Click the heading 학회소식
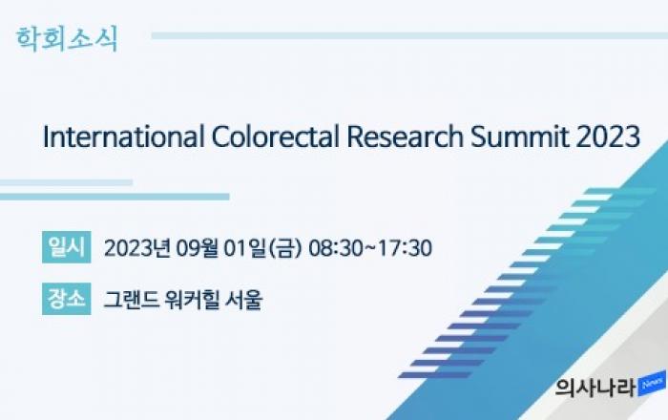(67, 39)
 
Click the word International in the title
(123, 136)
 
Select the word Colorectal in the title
(276, 136)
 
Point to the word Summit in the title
(520, 136)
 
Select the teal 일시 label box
(67, 247)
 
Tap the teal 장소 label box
(67, 299)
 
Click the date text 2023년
(137, 247)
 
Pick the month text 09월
(198, 247)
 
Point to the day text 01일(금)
(262, 247)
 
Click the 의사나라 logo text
(596, 388)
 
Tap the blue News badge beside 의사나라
(652, 384)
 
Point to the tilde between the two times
(370, 247)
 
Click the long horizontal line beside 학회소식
(409, 35)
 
